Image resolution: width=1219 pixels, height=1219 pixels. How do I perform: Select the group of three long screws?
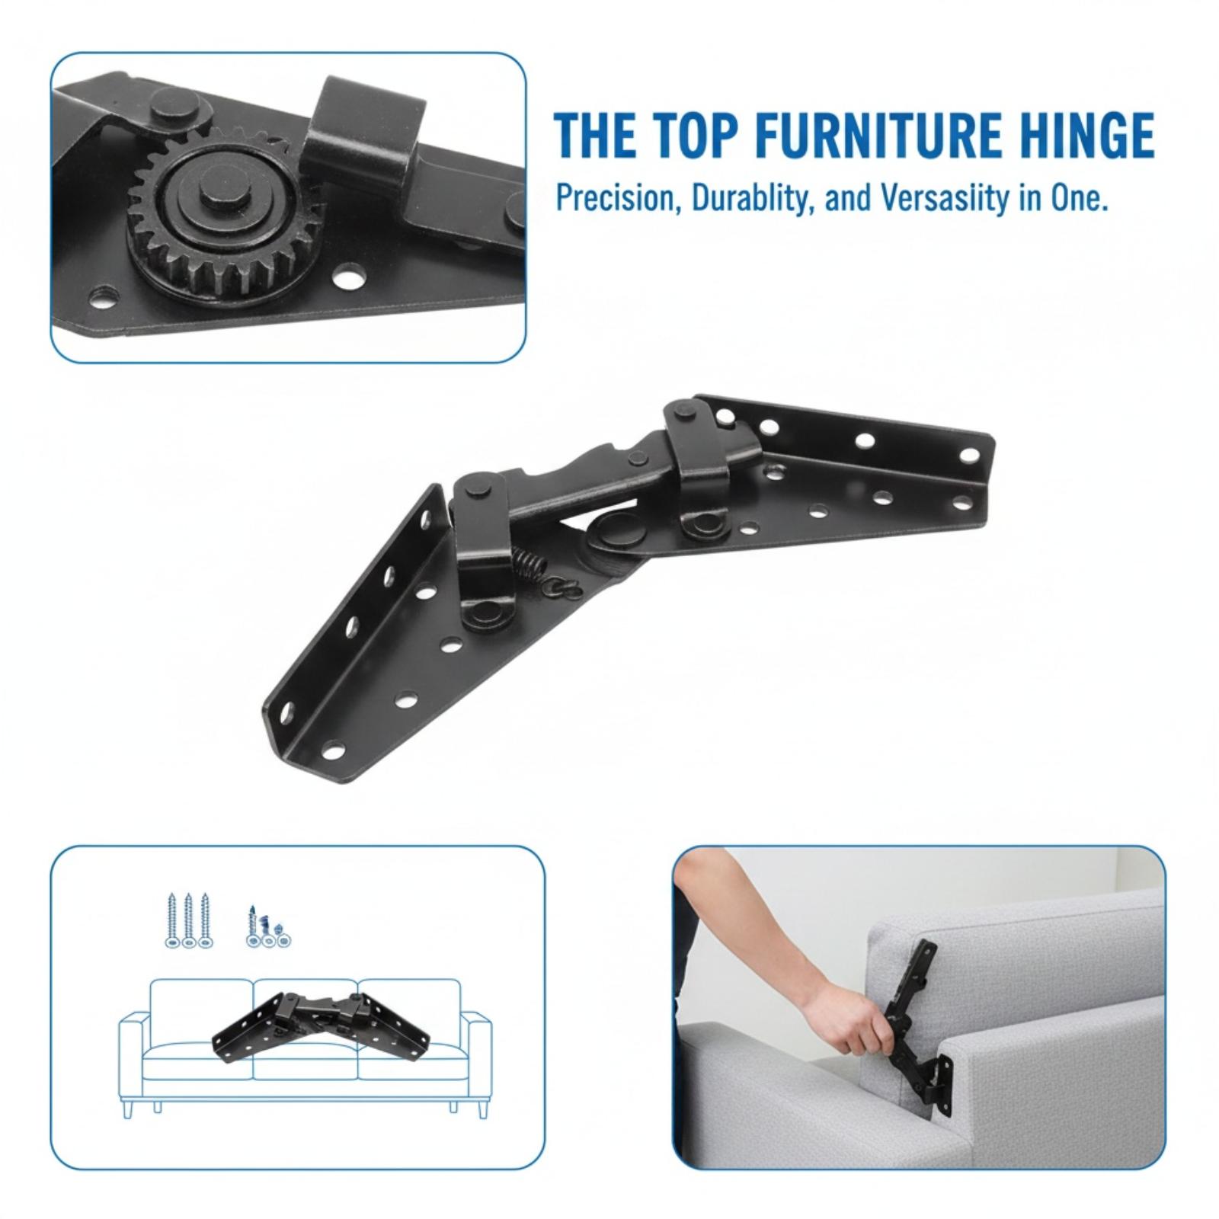188,921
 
